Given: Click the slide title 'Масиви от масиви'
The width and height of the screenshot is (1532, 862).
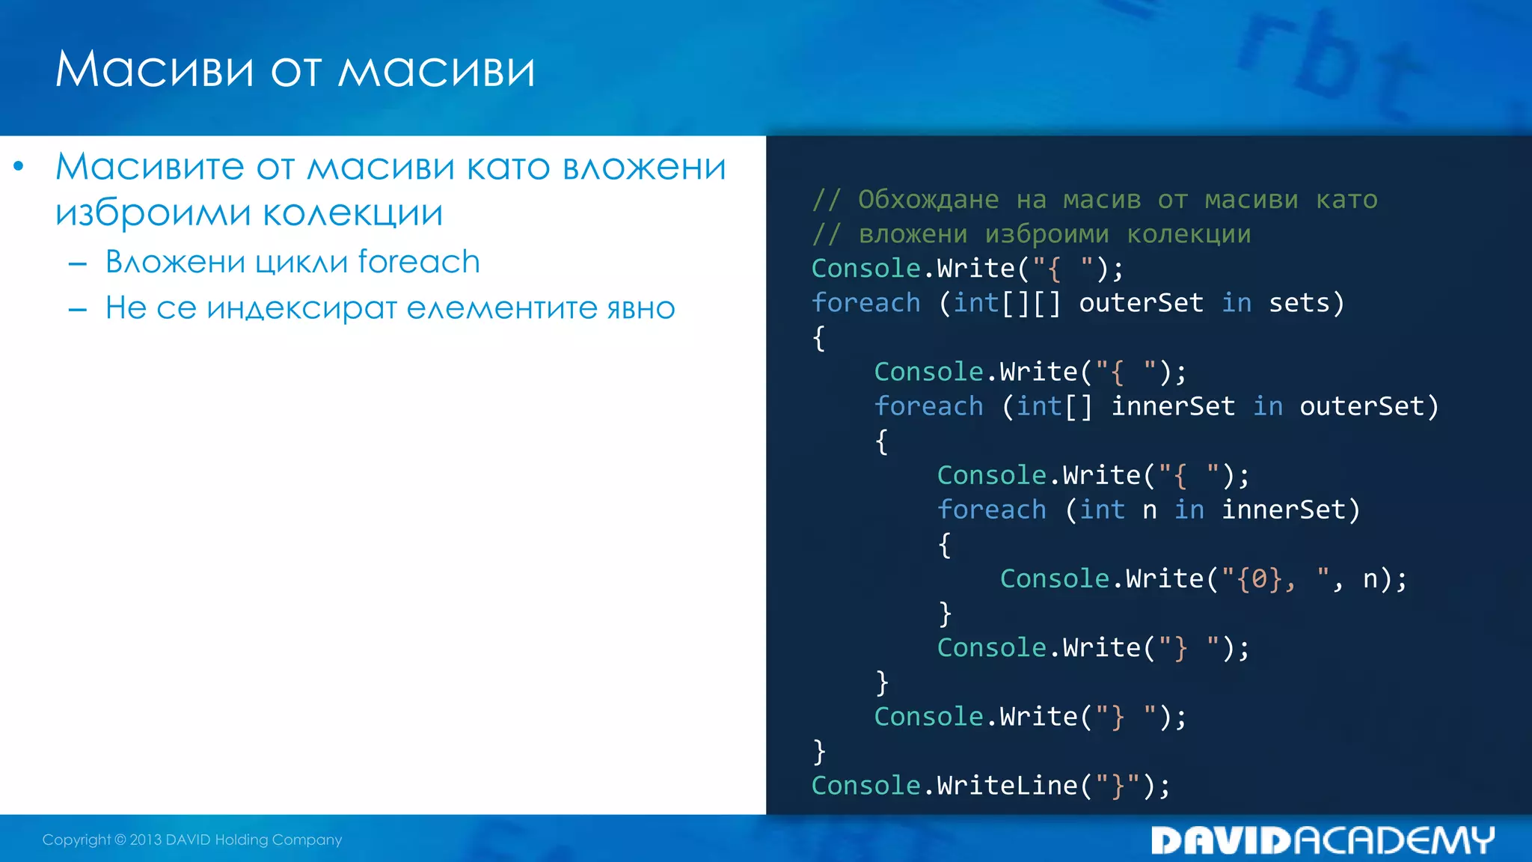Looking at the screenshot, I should click(295, 70).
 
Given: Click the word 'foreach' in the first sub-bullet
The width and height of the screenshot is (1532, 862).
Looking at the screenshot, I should click(419, 262).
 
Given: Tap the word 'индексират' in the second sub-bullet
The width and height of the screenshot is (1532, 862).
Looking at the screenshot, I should click(301, 308).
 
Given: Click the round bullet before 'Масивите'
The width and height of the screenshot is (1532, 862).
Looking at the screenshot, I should click(19, 166).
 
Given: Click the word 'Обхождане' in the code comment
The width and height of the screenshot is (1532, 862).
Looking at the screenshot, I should click(928, 200).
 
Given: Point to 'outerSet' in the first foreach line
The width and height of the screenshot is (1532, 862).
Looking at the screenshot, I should click(1141, 303).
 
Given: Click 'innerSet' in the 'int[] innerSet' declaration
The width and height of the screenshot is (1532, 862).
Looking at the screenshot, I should click(1172, 406).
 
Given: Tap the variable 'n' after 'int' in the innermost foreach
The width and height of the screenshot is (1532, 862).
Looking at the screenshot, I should click(1149, 510).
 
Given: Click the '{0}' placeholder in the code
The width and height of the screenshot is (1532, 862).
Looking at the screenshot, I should click(1259, 578).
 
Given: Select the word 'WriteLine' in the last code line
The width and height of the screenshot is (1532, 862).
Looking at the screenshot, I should click(1007, 786).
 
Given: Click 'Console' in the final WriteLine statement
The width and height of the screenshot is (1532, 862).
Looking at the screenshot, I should click(865, 786).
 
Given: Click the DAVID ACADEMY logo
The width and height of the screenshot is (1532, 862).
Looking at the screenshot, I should click(1322, 840).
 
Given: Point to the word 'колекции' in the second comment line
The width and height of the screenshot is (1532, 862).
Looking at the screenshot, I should click(1189, 234).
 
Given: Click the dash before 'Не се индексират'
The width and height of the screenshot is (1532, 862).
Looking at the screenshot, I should click(78, 309).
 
